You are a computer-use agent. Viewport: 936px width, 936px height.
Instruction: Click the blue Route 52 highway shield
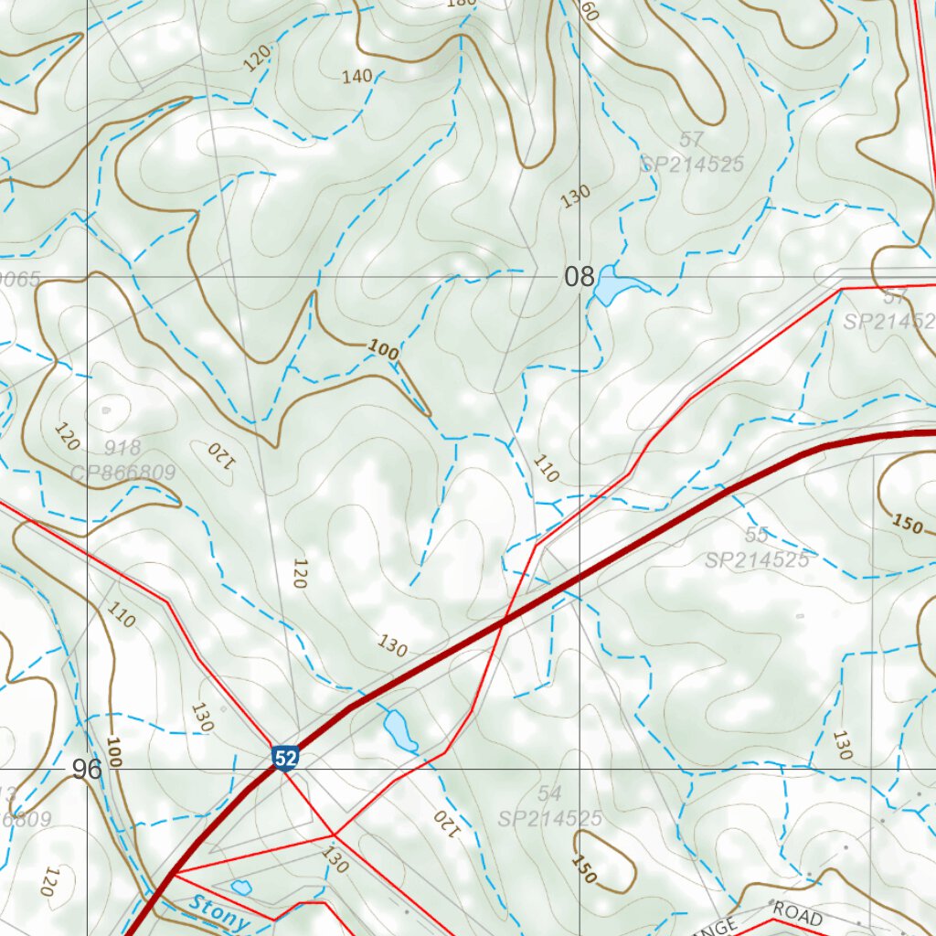point(284,758)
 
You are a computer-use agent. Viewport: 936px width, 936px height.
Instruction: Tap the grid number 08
point(579,277)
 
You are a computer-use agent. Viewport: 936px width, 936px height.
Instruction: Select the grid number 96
point(88,770)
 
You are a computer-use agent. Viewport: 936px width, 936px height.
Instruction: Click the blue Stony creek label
point(219,914)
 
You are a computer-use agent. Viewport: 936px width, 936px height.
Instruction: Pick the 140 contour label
point(356,77)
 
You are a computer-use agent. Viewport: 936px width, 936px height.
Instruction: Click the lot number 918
point(122,448)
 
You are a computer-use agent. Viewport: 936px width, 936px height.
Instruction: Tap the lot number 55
point(756,535)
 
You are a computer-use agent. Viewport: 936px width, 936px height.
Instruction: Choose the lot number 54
point(549,793)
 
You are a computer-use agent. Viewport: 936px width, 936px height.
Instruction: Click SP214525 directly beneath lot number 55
point(757,559)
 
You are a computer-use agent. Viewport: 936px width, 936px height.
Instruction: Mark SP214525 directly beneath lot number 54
point(549,818)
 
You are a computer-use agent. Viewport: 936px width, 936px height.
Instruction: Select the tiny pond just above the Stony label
point(241,887)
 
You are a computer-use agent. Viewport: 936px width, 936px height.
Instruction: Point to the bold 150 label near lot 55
point(907,524)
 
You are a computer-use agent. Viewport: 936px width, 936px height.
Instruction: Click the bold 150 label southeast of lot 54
point(584,869)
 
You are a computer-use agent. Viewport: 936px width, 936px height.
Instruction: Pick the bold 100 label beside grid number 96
point(113,750)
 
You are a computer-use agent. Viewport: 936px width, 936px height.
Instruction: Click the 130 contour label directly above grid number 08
point(575,196)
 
